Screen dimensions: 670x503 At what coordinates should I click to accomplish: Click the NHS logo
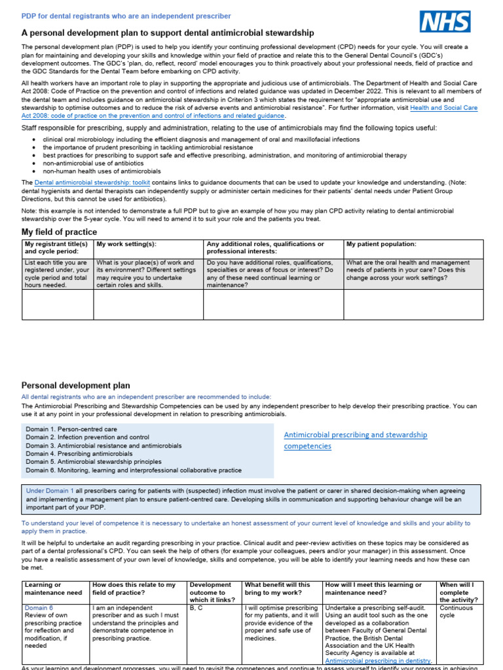coord(445,22)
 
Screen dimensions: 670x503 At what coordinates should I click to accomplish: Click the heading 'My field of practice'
coord(59,232)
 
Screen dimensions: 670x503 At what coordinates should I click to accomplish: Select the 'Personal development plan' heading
coord(76,386)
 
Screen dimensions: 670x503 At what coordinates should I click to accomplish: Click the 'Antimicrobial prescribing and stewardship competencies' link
coord(355,440)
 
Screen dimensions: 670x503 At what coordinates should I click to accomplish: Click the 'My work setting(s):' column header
coord(126,244)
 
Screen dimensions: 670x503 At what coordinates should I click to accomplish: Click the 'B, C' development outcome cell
coord(196,608)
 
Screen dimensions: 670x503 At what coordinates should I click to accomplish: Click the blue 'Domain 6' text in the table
coord(38,608)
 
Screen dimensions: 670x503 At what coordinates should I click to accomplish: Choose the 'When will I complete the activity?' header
coord(458,591)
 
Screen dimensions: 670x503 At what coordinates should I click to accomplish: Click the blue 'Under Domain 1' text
coord(50,490)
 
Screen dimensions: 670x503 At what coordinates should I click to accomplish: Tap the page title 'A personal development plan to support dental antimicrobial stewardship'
coord(168,33)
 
